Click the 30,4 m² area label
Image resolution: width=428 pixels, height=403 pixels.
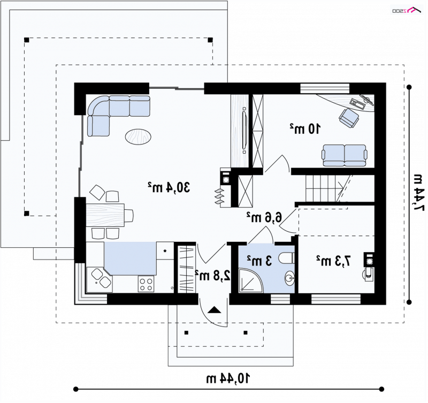click(169, 187)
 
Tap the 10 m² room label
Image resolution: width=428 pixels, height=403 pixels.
click(305, 128)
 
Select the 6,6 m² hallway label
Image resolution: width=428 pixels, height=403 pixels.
click(264, 218)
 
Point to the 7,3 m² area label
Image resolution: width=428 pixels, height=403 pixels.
click(333, 261)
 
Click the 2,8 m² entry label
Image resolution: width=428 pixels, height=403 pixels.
click(213, 276)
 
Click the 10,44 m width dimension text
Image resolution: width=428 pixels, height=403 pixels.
click(228, 379)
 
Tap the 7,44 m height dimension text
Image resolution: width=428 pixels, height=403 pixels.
click(418, 193)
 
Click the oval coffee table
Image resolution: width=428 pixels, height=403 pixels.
click(138, 136)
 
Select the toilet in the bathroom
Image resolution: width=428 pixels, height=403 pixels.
click(287, 258)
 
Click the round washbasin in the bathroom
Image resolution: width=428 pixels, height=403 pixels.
click(289, 278)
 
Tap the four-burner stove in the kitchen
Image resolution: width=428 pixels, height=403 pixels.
click(146, 284)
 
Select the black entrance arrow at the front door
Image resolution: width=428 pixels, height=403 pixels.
click(215, 310)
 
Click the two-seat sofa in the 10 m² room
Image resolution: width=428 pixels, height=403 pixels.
click(345, 155)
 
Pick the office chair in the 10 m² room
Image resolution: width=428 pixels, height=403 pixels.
click(349, 118)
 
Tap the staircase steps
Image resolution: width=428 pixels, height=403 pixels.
click(324, 188)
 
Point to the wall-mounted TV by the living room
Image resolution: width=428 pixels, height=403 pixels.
click(244, 130)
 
